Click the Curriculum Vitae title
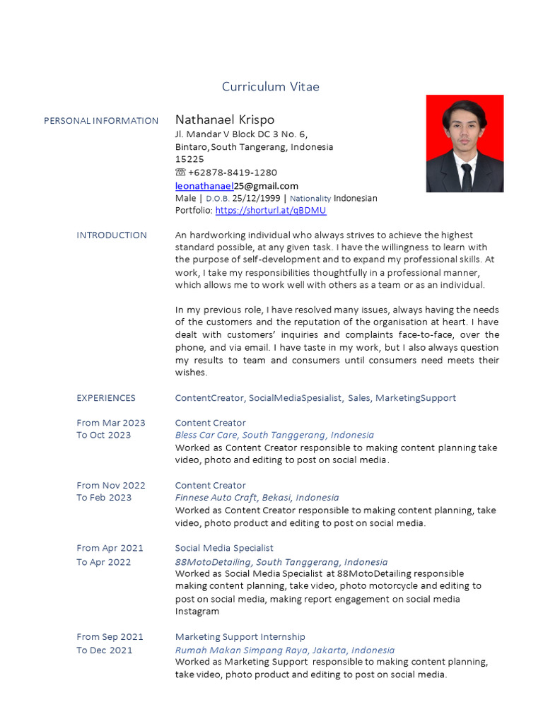click(270, 87)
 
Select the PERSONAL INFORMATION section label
click(101, 121)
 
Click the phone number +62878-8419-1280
click(233, 173)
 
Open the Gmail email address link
click(236, 186)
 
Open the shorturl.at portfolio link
click(271, 211)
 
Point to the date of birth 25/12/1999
click(255, 199)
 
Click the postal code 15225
click(189, 160)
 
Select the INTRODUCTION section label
click(112, 235)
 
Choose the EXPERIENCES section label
click(106, 398)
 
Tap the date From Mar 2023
click(111, 423)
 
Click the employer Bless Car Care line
click(274, 436)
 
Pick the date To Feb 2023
click(104, 498)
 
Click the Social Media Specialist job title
click(224, 548)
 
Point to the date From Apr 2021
click(110, 548)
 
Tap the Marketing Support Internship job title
click(240, 637)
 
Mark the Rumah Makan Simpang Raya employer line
click(285, 650)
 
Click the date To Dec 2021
click(104, 650)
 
